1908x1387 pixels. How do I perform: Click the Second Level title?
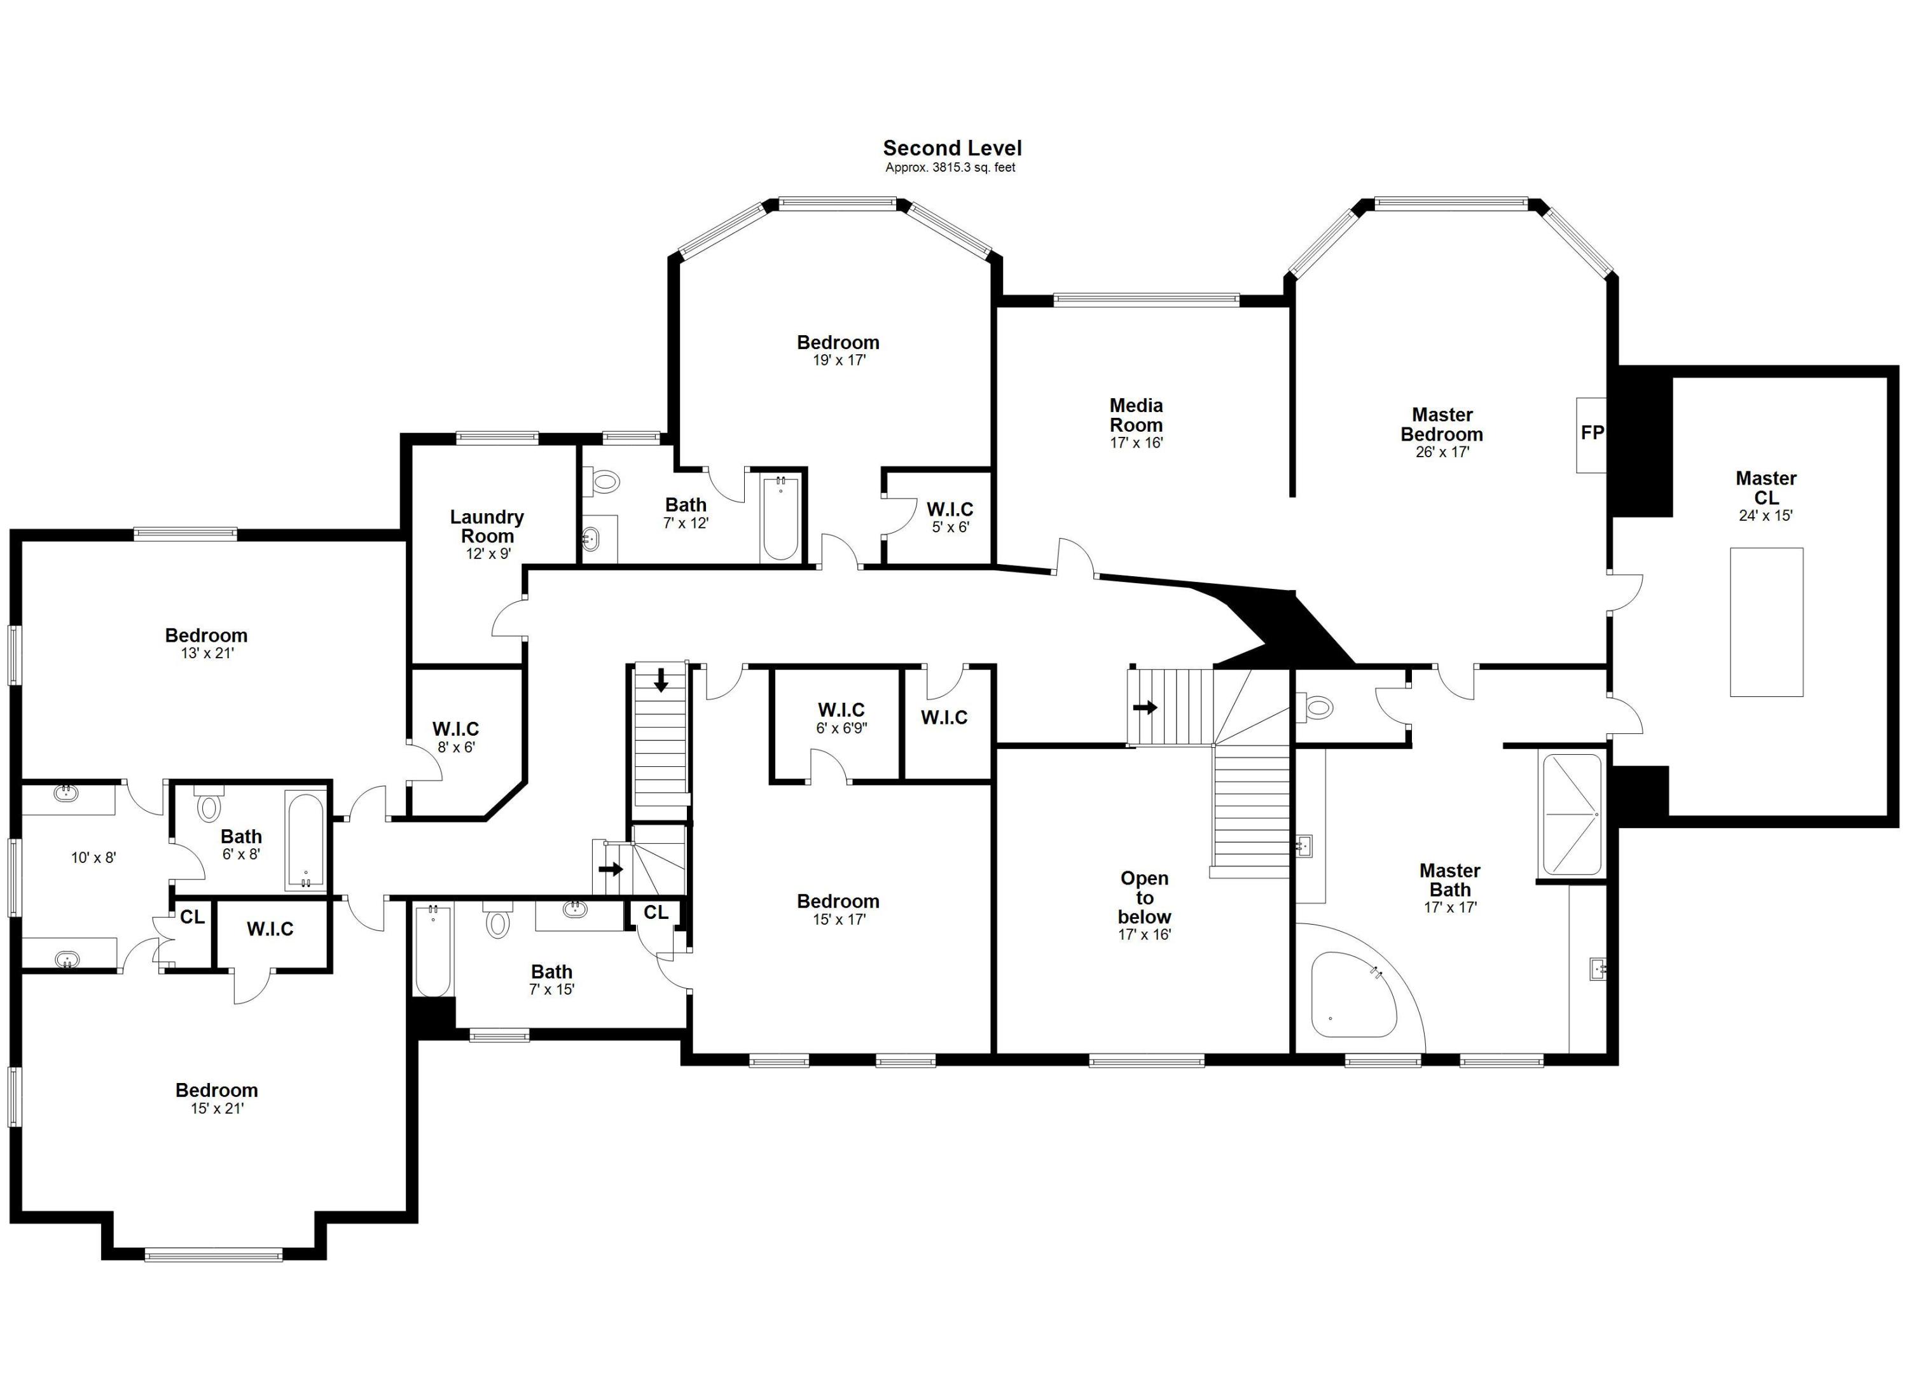[951, 148]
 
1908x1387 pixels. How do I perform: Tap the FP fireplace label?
[1592, 433]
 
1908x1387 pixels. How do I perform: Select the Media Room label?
[1136, 415]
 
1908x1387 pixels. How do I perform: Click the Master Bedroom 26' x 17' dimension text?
[1442, 452]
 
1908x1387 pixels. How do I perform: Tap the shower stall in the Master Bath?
[1571, 814]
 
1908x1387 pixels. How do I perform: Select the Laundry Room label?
[487, 527]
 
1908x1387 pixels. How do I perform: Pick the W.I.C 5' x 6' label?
[950, 517]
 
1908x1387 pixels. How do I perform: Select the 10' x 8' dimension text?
[93, 858]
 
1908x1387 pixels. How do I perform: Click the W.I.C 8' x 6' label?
[455, 737]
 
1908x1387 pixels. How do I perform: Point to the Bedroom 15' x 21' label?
[216, 1098]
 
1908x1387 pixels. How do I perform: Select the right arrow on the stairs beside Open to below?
[1145, 707]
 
